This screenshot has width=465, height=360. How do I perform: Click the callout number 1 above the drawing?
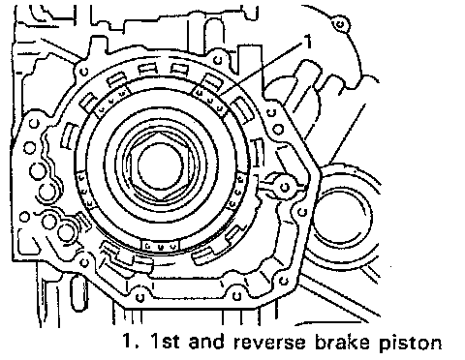click(309, 42)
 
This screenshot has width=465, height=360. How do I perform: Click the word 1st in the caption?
click(165, 342)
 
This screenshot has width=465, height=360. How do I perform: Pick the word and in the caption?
click(206, 342)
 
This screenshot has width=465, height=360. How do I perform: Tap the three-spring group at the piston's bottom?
click(161, 246)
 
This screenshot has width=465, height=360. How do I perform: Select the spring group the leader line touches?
click(210, 101)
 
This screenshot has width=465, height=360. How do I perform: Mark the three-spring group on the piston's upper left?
click(112, 101)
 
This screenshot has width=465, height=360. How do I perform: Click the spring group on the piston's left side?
click(84, 190)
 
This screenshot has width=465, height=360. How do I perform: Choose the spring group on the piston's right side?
click(237, 191)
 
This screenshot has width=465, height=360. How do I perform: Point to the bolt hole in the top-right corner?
click(339, 24)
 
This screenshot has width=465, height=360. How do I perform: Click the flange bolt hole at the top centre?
click(219, 60)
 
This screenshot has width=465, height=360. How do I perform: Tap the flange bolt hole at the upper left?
click(84, 71)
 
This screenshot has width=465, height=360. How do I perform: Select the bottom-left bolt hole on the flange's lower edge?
click(139, 297)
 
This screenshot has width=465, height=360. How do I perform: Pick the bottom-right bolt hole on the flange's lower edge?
click(236, 296)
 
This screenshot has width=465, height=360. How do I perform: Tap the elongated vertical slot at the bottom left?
click(77, 292)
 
